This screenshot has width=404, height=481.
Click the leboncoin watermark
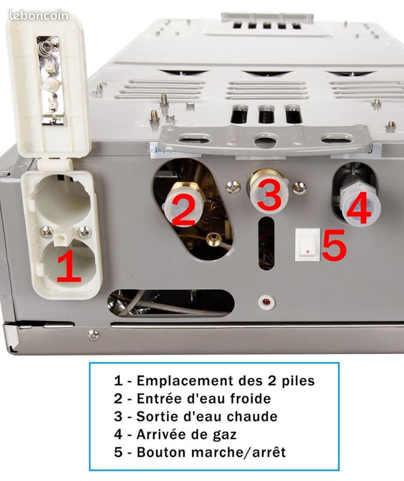(38, 16)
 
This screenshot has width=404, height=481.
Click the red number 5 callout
(334, 246)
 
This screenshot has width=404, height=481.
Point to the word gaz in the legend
(225, 434)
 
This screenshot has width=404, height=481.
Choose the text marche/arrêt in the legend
(237, 452)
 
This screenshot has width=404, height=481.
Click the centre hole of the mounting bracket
(262, 139)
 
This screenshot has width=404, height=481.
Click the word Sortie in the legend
(155, 417)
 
